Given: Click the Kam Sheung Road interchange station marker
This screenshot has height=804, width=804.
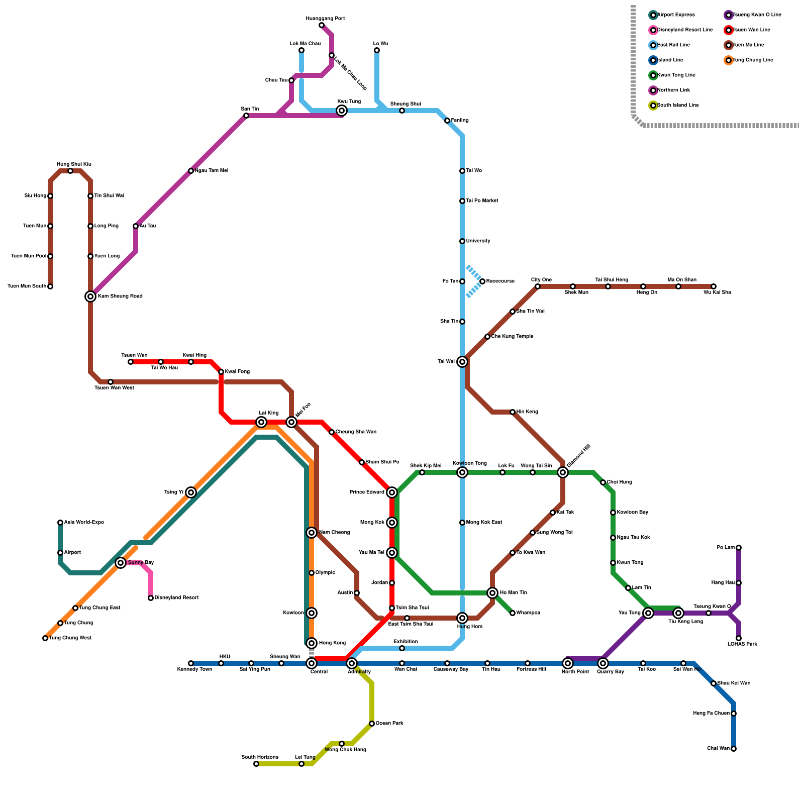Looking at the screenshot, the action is [90, 296].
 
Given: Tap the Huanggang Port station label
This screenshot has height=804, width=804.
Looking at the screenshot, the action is [325, 19].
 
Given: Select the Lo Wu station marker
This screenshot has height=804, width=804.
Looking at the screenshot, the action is [377, 50].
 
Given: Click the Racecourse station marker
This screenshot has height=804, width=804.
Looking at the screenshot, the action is [482, 281].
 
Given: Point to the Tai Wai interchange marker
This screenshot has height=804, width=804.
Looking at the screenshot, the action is [462, 362].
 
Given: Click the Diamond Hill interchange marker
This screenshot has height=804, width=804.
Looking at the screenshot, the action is [563, 472].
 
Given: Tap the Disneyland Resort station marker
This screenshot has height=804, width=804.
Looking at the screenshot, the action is [151, 598].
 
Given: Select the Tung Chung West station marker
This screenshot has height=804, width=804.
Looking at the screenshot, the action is [45, 638].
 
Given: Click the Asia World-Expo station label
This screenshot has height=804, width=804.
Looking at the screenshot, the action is [84, 523].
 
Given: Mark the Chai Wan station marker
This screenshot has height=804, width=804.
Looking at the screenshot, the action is [734, 749].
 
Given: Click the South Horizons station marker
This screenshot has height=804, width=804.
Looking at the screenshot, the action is [256, 764].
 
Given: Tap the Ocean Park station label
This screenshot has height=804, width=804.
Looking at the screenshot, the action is [389, 724].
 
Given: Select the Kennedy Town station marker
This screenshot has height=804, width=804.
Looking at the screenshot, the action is [191, 663].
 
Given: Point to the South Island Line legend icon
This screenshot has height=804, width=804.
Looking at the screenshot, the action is [653, 106].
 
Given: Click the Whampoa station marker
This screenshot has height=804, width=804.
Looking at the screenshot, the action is [513, 613].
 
